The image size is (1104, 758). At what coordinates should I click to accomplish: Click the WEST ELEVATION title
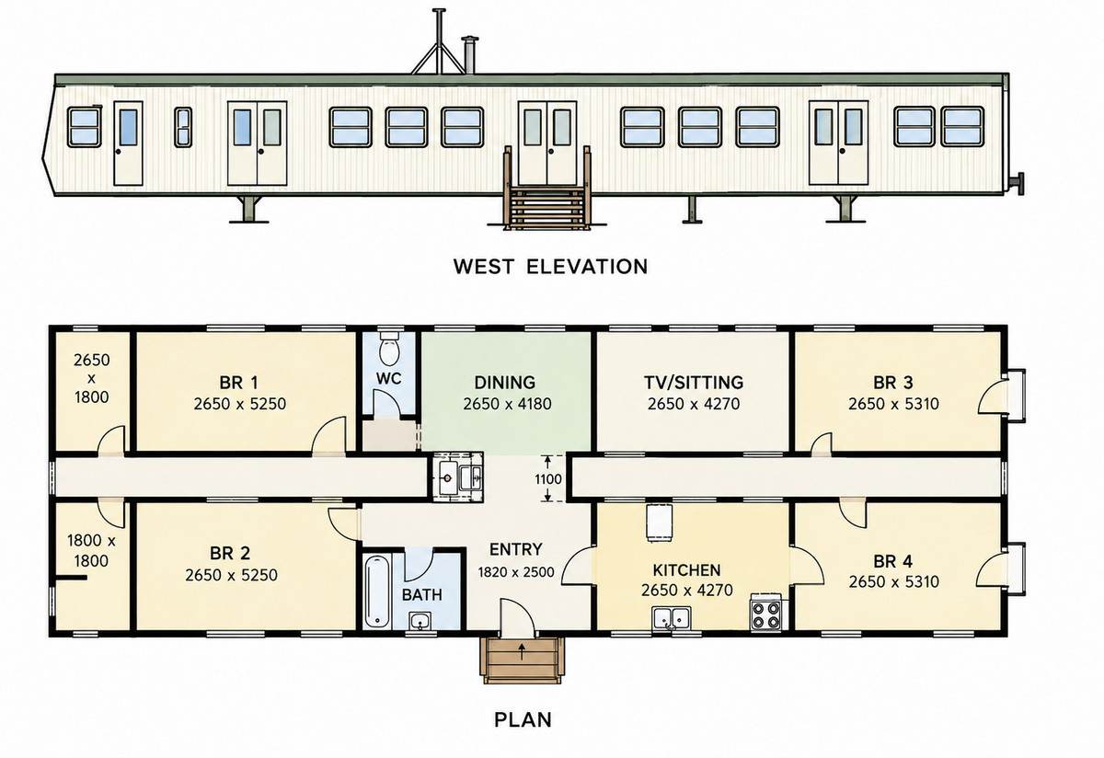coord(550,267)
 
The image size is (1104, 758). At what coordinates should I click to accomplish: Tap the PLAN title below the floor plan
coord(523,719)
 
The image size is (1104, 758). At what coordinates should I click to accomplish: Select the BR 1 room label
coord(238,383)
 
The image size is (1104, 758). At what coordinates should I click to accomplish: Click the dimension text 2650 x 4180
coord(507,404)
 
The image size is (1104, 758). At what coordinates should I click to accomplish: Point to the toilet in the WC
coord(390,348)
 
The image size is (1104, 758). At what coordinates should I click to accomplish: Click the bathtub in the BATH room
coord(377,591)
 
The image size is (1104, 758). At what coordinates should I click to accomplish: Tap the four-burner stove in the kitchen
coord(765,613)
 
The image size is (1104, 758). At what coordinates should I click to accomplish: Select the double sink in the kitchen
coord(672,618)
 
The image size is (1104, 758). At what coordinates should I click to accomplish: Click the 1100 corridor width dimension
coord(548,479)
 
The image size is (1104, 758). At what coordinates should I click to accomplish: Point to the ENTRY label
coord(515,549)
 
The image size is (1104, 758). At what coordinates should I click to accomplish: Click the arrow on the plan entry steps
coord(522,650)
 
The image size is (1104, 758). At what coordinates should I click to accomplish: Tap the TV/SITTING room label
coord(694,383)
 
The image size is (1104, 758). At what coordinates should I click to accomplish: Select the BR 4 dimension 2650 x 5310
coord(893,581)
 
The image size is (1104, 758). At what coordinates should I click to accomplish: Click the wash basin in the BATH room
coord(420,621)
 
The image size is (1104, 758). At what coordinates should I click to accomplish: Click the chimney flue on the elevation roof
coord(468,55)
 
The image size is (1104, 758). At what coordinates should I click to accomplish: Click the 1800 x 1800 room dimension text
coord(91,550)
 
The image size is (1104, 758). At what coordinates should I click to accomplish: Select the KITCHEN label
coord(686,570)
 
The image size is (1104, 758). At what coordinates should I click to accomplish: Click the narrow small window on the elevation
coord(183,127)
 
